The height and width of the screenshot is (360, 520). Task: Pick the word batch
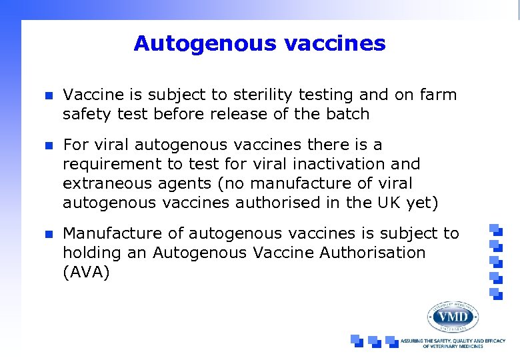pyautogui.click(x=347, y=114)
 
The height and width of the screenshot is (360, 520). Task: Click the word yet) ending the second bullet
pyautogui.click(x=421, y=203)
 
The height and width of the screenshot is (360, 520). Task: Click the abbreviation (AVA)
pyautogui.click(x=86, y=272)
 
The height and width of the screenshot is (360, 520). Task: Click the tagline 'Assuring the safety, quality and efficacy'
pyautogui.click(x=453, y=341)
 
